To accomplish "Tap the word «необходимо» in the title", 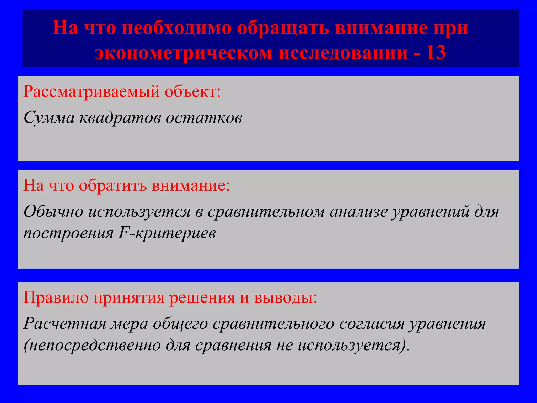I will [x=177, y=28].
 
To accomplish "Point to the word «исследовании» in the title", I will [x=343, y=52].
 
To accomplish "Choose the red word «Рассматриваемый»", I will [x=91, y=92].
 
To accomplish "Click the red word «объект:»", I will [x=192, y=92].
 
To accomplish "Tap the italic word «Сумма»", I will [x=49, y=118].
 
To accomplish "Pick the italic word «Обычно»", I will [x=53, y=211].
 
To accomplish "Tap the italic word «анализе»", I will [x=358, y=211].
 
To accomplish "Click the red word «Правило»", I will [x=56, y=298].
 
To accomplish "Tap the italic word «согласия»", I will [x=372, y=324].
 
